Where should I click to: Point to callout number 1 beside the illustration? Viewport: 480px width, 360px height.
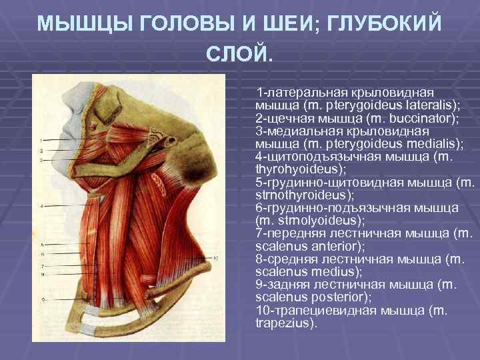coord(41,140)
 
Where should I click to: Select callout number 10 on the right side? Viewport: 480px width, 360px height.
coord(215,257)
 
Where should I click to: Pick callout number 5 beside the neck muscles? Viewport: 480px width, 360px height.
coord(42,244)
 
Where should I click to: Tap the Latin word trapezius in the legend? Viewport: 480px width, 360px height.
coord(283,323)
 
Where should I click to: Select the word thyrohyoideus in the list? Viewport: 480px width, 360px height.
coord(289,169)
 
